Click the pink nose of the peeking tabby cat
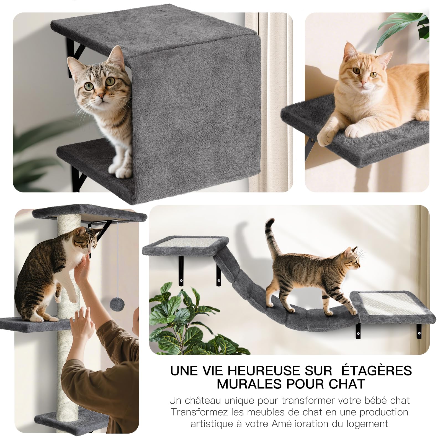tap(101, 96)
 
